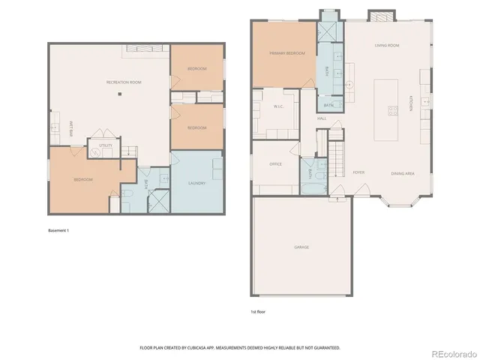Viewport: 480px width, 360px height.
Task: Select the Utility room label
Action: point(105,145)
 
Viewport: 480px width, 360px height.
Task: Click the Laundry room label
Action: point(197,182)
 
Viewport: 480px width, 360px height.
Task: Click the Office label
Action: point(275,163)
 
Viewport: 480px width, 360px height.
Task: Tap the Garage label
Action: point(301,247)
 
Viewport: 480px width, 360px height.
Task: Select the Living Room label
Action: point(386,45)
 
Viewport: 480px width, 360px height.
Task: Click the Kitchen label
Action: point(411,104)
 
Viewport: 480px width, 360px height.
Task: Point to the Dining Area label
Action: point(403,173)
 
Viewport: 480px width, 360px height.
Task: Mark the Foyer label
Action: point(358,172)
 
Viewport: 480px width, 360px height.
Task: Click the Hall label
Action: point(321,118)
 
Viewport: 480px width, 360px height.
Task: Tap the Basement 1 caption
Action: point(58,230)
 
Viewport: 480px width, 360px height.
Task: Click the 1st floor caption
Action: point(258,312)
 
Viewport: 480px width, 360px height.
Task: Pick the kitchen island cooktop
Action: point(392,112)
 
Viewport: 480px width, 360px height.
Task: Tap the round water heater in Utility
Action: point(96,151)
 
